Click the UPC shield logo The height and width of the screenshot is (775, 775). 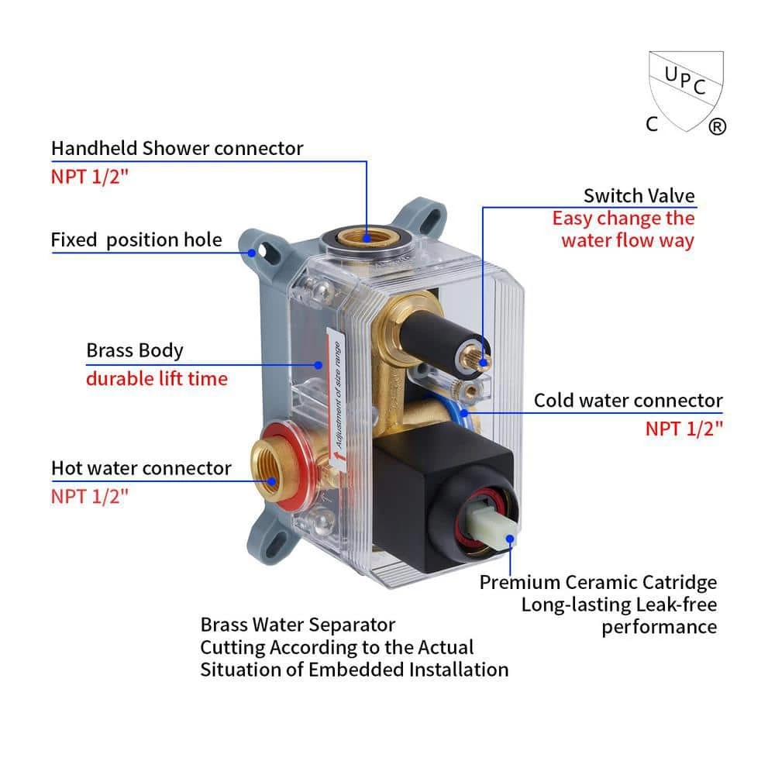685,91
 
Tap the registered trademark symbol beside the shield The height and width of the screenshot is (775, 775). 717,126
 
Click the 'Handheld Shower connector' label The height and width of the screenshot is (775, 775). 177,148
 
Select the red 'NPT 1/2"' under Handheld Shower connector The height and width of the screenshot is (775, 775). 89,177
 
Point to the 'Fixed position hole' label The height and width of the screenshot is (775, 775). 136,240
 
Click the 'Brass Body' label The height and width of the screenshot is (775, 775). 134,350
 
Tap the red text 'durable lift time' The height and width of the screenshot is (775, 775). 157,379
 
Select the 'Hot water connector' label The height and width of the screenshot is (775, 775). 141,468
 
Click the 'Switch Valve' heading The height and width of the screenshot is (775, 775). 639,196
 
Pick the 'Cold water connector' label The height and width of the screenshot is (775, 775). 629,401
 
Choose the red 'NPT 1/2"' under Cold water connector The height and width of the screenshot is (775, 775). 684,429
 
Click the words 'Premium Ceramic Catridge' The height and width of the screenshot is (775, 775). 598,582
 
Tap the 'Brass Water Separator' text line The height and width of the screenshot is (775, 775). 298,625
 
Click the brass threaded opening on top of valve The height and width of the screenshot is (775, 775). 367,238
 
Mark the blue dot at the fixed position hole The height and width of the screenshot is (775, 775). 252,253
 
